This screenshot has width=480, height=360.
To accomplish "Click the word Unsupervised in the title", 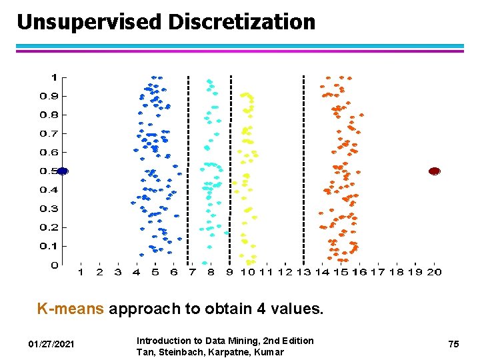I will (89, 22).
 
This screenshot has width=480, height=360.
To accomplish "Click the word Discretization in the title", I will (241, 22).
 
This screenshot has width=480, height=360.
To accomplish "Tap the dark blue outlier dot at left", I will (63, 171).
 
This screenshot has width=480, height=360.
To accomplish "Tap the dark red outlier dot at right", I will (435, 171).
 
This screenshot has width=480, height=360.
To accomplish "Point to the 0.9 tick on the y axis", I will (49, 96).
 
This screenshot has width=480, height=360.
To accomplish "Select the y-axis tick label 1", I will (54, 77).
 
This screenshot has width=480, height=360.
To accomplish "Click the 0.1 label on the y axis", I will (49, 247).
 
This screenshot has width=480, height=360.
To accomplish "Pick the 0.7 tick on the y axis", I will (49, 134).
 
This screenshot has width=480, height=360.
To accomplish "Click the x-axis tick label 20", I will (435, 272).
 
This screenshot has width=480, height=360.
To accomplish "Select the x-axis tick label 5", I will (155, 272).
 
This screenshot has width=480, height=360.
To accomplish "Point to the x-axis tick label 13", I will (303, 272).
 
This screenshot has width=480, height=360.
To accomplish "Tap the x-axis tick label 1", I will (81, 272).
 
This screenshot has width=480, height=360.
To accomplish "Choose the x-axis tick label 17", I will (378, 272).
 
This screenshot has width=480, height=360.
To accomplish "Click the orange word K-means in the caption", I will (71, 309).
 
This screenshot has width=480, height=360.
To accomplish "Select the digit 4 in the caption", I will (263, 309).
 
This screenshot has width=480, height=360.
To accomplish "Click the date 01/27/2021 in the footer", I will (51, 344).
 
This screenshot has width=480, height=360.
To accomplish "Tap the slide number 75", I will (453, 344).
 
